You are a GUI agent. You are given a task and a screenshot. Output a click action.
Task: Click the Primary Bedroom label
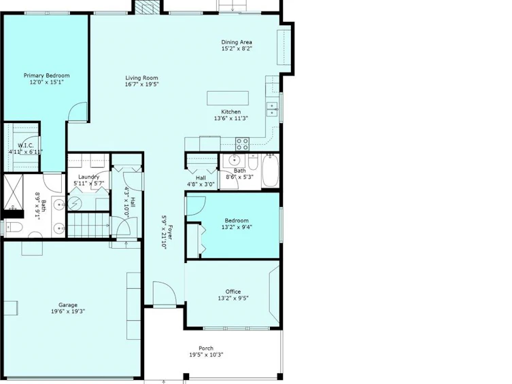(46, 75)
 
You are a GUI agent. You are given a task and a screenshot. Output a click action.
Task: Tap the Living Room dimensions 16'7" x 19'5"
(141, 84)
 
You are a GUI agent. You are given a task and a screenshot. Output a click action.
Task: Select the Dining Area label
(237, 42)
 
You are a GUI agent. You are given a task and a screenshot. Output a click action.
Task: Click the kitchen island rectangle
(228, 98)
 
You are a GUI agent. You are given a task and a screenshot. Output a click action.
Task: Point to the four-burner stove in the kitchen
(242, 144)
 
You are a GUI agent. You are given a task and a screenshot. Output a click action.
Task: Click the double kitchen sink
(272, 109)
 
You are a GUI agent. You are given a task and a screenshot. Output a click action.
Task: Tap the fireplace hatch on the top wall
(144, 7)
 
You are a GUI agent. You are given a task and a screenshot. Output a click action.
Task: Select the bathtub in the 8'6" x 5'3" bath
(271, 171)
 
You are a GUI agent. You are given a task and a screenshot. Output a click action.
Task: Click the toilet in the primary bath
(14, 227)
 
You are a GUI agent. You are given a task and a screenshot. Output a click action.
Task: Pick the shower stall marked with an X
(14, 192)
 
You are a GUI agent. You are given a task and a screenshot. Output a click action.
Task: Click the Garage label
(68, 305)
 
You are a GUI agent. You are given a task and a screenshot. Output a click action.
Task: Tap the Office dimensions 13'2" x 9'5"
(233, 298)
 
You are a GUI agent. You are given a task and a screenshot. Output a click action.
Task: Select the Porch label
(206, 349)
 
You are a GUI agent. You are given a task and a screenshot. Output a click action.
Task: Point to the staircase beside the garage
(88, 225)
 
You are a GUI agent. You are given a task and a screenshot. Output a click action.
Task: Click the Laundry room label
(89, 177)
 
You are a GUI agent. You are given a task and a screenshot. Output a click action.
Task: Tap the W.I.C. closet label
(25, 145)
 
